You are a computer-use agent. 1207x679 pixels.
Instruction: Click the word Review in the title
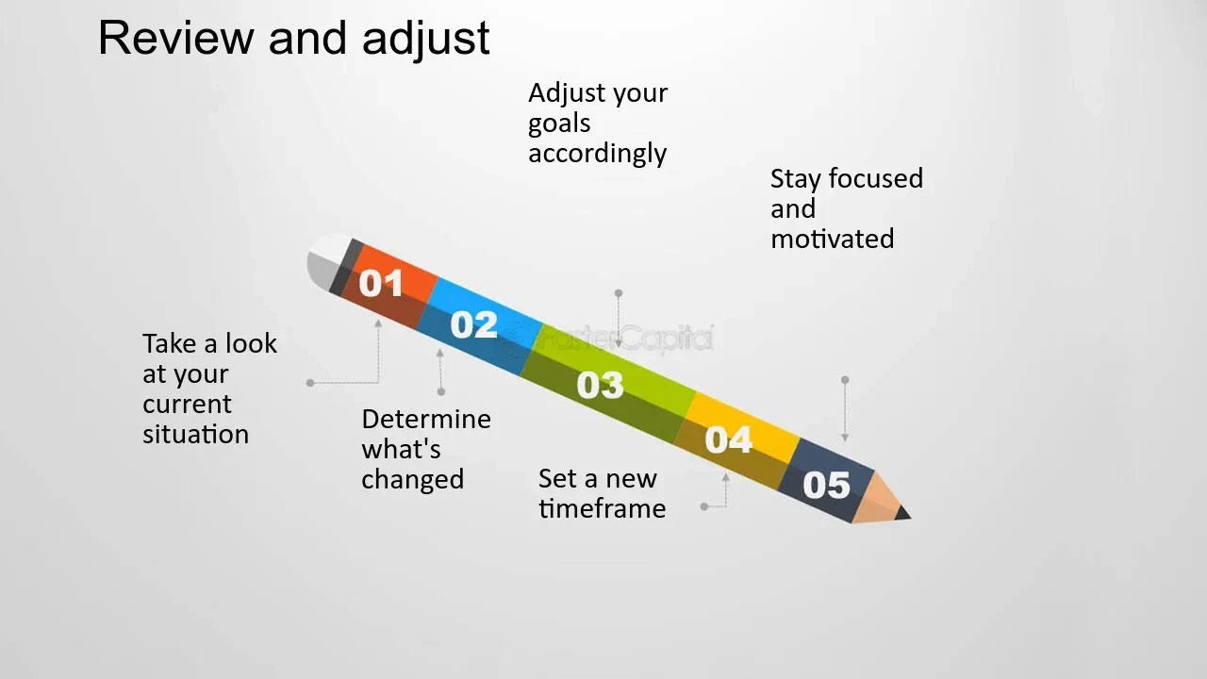click(x=175, y=38)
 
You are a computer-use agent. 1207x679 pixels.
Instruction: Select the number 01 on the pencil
click(x=380, y=283)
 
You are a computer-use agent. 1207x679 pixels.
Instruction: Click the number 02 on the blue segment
click(x=473, y=324)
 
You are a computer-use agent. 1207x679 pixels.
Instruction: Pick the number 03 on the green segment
click(x=600, y=385)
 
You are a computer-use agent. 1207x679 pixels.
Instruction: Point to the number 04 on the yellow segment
click(x=729, y=439)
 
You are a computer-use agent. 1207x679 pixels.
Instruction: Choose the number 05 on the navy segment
click(x=826, y=485)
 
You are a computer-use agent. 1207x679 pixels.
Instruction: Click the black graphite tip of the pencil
click(x=903, y=513)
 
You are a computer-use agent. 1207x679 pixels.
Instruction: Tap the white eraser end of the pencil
click(x=325, y=262)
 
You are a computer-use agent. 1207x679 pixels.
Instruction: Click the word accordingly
click(x=597, y=154)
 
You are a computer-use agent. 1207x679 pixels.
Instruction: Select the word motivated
click(x=832, y=239)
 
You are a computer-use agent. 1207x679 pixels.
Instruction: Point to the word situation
click(x=195, y=434)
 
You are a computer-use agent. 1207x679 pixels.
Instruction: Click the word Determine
click(x=426, y=419)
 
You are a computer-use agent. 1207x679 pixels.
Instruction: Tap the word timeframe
click(x=602, y=508)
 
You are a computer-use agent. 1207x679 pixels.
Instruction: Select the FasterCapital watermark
click(x=612, y=339)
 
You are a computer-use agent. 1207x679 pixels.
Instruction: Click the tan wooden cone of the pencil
click(x=876, y=499)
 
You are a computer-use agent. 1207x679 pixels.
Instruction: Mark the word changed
click(x=412, y=479)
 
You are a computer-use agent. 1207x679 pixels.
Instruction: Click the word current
click(x=187, y=405)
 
